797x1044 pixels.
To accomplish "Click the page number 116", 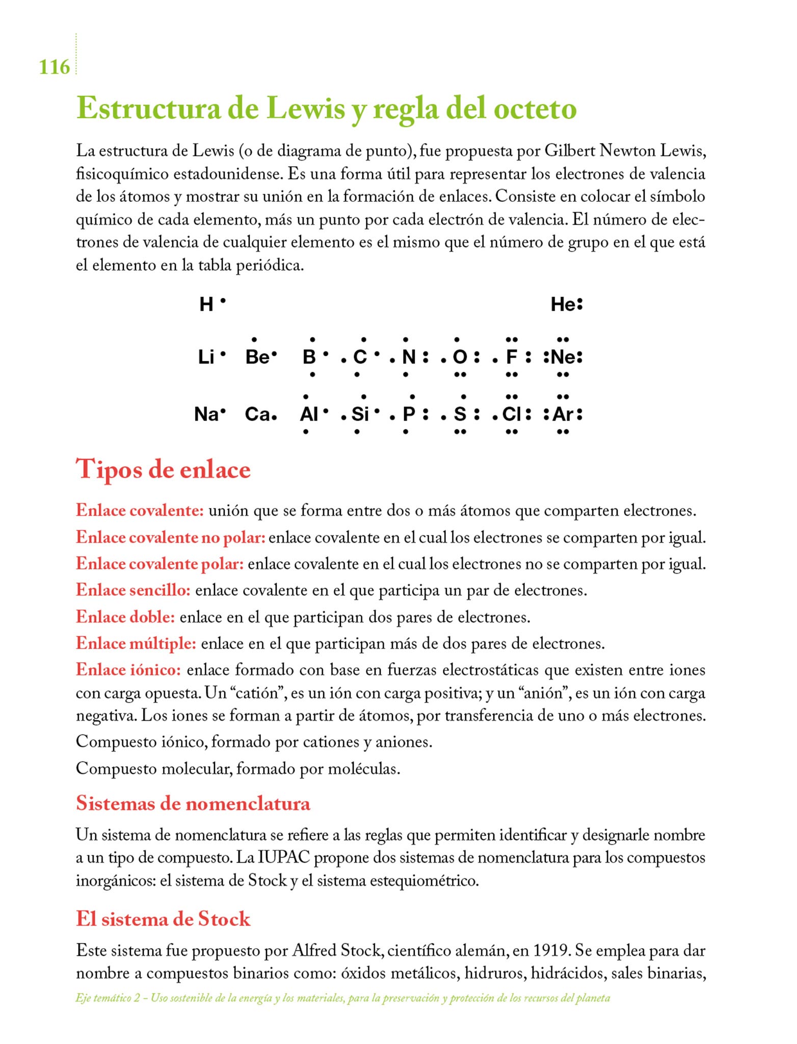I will point(54,67).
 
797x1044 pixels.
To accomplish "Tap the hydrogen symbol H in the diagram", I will point(206,304).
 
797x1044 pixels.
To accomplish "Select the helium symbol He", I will point(563,305).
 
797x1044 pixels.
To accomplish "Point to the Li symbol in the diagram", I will point(206,357).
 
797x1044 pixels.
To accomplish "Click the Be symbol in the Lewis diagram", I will point(257,357).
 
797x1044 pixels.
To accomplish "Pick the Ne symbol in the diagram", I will point(563,357).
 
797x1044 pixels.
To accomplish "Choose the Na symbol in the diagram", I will point(206,414).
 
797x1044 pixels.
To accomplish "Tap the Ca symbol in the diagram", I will point(257,414).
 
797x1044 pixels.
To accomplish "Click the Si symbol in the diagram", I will point(360,414).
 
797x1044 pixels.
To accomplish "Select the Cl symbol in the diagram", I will point(512,414).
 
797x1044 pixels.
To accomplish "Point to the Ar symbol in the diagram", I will point(563,414).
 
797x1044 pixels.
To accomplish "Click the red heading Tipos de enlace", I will point(163,469).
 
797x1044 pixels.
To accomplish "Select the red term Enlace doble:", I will point(125,617).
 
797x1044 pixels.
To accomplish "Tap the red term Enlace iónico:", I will point(128,669).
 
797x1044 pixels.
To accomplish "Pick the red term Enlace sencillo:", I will point(133,590).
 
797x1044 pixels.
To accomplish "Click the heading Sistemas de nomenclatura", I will point(193,803).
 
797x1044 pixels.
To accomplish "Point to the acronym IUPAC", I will point(284,857).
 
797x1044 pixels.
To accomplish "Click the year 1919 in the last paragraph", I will point(550,950).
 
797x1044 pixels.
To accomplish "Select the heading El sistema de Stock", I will point(163,919).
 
